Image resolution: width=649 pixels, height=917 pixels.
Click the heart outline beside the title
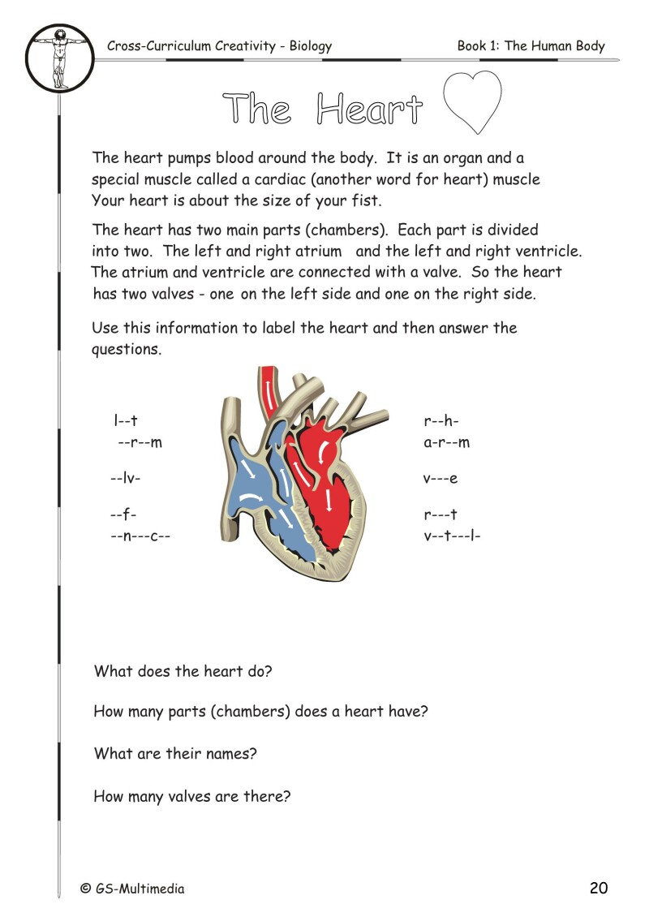pyautogui.click(x=473, y=104)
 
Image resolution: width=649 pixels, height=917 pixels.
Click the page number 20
pyautogui.click(x=599, y=888)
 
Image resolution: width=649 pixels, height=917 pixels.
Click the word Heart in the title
pyautogui.click(x=370, y=110)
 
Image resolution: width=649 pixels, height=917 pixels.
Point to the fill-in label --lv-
pyautogui.click(x=126, y=478)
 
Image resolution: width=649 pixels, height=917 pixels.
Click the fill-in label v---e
pyautogui.click(x=441, y=478)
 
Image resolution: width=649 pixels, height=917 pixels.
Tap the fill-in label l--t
pyautogui.click(x=126, y=421)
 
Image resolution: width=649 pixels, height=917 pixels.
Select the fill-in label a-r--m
pyautogui.click(x=446, y=442)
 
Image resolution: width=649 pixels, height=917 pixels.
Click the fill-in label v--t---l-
pyautogui.click(x=452, y=535)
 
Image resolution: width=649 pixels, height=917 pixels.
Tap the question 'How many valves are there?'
pyautogui.click(x=191, y=796)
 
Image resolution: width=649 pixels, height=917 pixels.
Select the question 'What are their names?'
pyautogui.click(x=175, y=753)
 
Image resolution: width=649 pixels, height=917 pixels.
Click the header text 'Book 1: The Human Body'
pyautogui.click(x=531, y=45)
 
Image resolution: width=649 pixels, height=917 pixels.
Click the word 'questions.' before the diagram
pyautogui.click(x=127, y=350)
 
